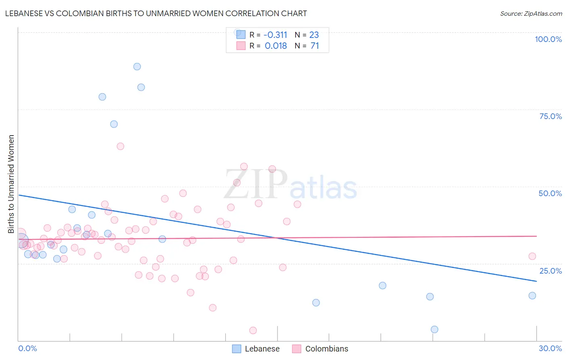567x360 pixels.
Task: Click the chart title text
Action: click(156, 14)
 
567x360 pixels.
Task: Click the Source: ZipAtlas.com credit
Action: click(531, 14)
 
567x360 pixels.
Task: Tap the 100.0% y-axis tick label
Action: click(548, 39)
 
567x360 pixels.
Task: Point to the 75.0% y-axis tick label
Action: click(550, 116)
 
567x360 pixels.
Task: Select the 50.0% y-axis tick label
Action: click(550, 193)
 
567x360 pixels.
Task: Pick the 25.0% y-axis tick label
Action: click(550, 271)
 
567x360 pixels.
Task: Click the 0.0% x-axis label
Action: click(27, 348)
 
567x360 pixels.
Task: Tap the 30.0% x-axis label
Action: click(550, 348)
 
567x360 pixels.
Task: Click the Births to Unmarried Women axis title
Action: click(11, 184)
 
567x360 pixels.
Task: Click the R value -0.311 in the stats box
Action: click(275, 35)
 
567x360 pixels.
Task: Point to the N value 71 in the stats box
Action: click(315, 46)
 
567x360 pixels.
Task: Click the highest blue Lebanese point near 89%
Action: click(137, 67)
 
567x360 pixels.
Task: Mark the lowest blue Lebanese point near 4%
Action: click(434, 329)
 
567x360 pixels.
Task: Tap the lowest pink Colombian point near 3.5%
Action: click(253, 331)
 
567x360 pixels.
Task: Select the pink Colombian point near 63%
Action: click(120, 146)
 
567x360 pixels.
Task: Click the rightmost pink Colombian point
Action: click(532, 256)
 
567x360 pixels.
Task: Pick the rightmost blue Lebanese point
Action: click(532, 295)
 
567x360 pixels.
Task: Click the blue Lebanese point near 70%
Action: click(114, 124)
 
